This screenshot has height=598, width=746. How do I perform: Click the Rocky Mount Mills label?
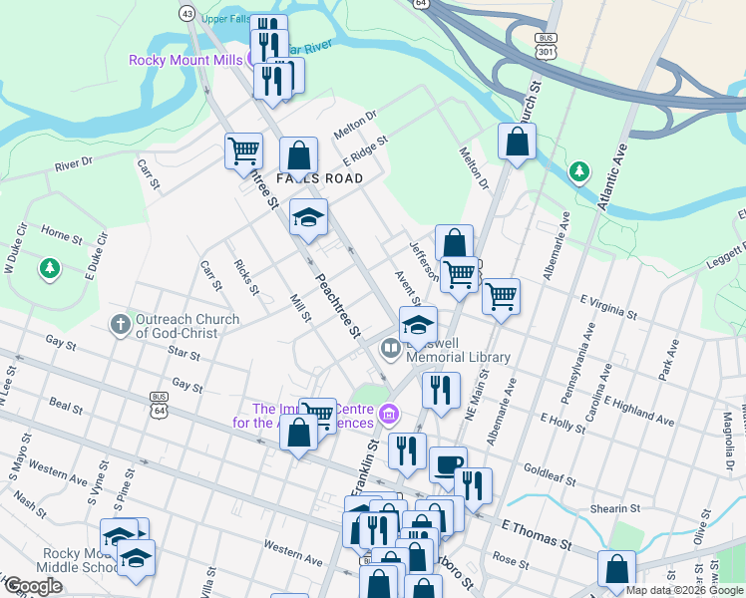[186, 60]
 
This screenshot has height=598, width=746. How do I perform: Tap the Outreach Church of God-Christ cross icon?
[120, 324]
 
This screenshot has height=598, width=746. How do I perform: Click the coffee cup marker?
[448, 464]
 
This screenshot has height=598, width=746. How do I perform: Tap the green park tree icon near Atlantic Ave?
[578, 172]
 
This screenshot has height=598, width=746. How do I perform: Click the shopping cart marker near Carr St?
[243, 151]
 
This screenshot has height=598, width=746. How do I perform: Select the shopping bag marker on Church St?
[517, 142]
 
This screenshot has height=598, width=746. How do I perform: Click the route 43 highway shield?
[187, 13]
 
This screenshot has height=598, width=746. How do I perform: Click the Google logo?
[33, 585]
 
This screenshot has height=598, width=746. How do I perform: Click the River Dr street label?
[74, 161]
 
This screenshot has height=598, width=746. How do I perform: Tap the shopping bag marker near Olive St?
[617, 569]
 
